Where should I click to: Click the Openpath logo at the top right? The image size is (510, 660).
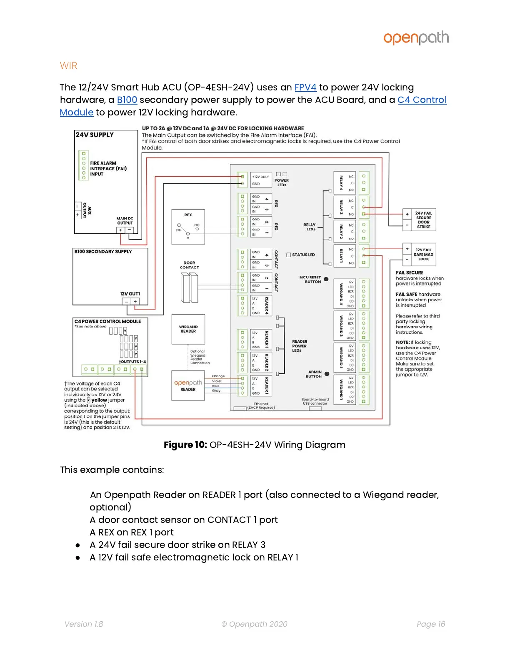416,38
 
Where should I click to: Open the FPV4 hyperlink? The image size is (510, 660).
305,87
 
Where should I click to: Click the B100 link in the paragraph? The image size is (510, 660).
127,100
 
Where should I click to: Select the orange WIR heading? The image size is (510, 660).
69,66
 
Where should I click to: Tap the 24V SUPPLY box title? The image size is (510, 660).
95,135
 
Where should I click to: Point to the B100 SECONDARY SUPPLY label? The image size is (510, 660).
103,252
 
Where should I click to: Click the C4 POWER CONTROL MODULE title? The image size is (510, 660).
107,321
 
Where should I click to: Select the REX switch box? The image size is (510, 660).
188,227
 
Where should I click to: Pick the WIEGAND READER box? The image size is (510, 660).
188,329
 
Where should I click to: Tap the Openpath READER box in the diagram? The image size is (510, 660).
188,385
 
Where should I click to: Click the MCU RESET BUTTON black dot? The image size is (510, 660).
326,279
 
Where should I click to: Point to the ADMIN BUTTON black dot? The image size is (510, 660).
327,374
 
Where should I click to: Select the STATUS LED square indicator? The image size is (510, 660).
289,255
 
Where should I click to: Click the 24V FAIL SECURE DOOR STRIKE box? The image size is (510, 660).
419,220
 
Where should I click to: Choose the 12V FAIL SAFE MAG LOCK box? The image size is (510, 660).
419,254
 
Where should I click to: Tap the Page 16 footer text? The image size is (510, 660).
431,624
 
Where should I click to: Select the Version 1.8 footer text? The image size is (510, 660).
84,624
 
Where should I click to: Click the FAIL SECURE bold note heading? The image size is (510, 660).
410,273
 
